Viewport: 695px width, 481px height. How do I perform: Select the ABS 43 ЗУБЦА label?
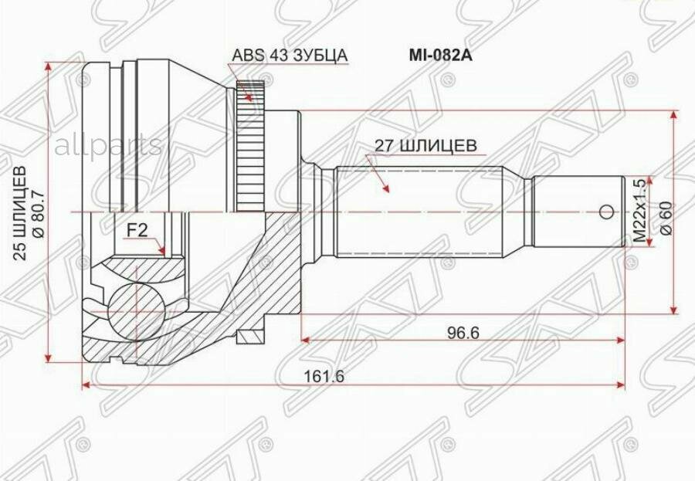tap(290, 56)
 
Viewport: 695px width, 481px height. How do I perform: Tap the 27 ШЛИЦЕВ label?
tap(425, 145)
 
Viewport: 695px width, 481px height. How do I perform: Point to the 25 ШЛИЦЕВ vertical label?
tap(21, 212)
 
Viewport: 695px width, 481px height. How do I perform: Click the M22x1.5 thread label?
tap(639, 211)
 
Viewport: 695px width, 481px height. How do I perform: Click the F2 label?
tap(137, 229)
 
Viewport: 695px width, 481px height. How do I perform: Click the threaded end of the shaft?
tap(579, 212)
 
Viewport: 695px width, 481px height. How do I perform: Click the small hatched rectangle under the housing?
tap(251, 337)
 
